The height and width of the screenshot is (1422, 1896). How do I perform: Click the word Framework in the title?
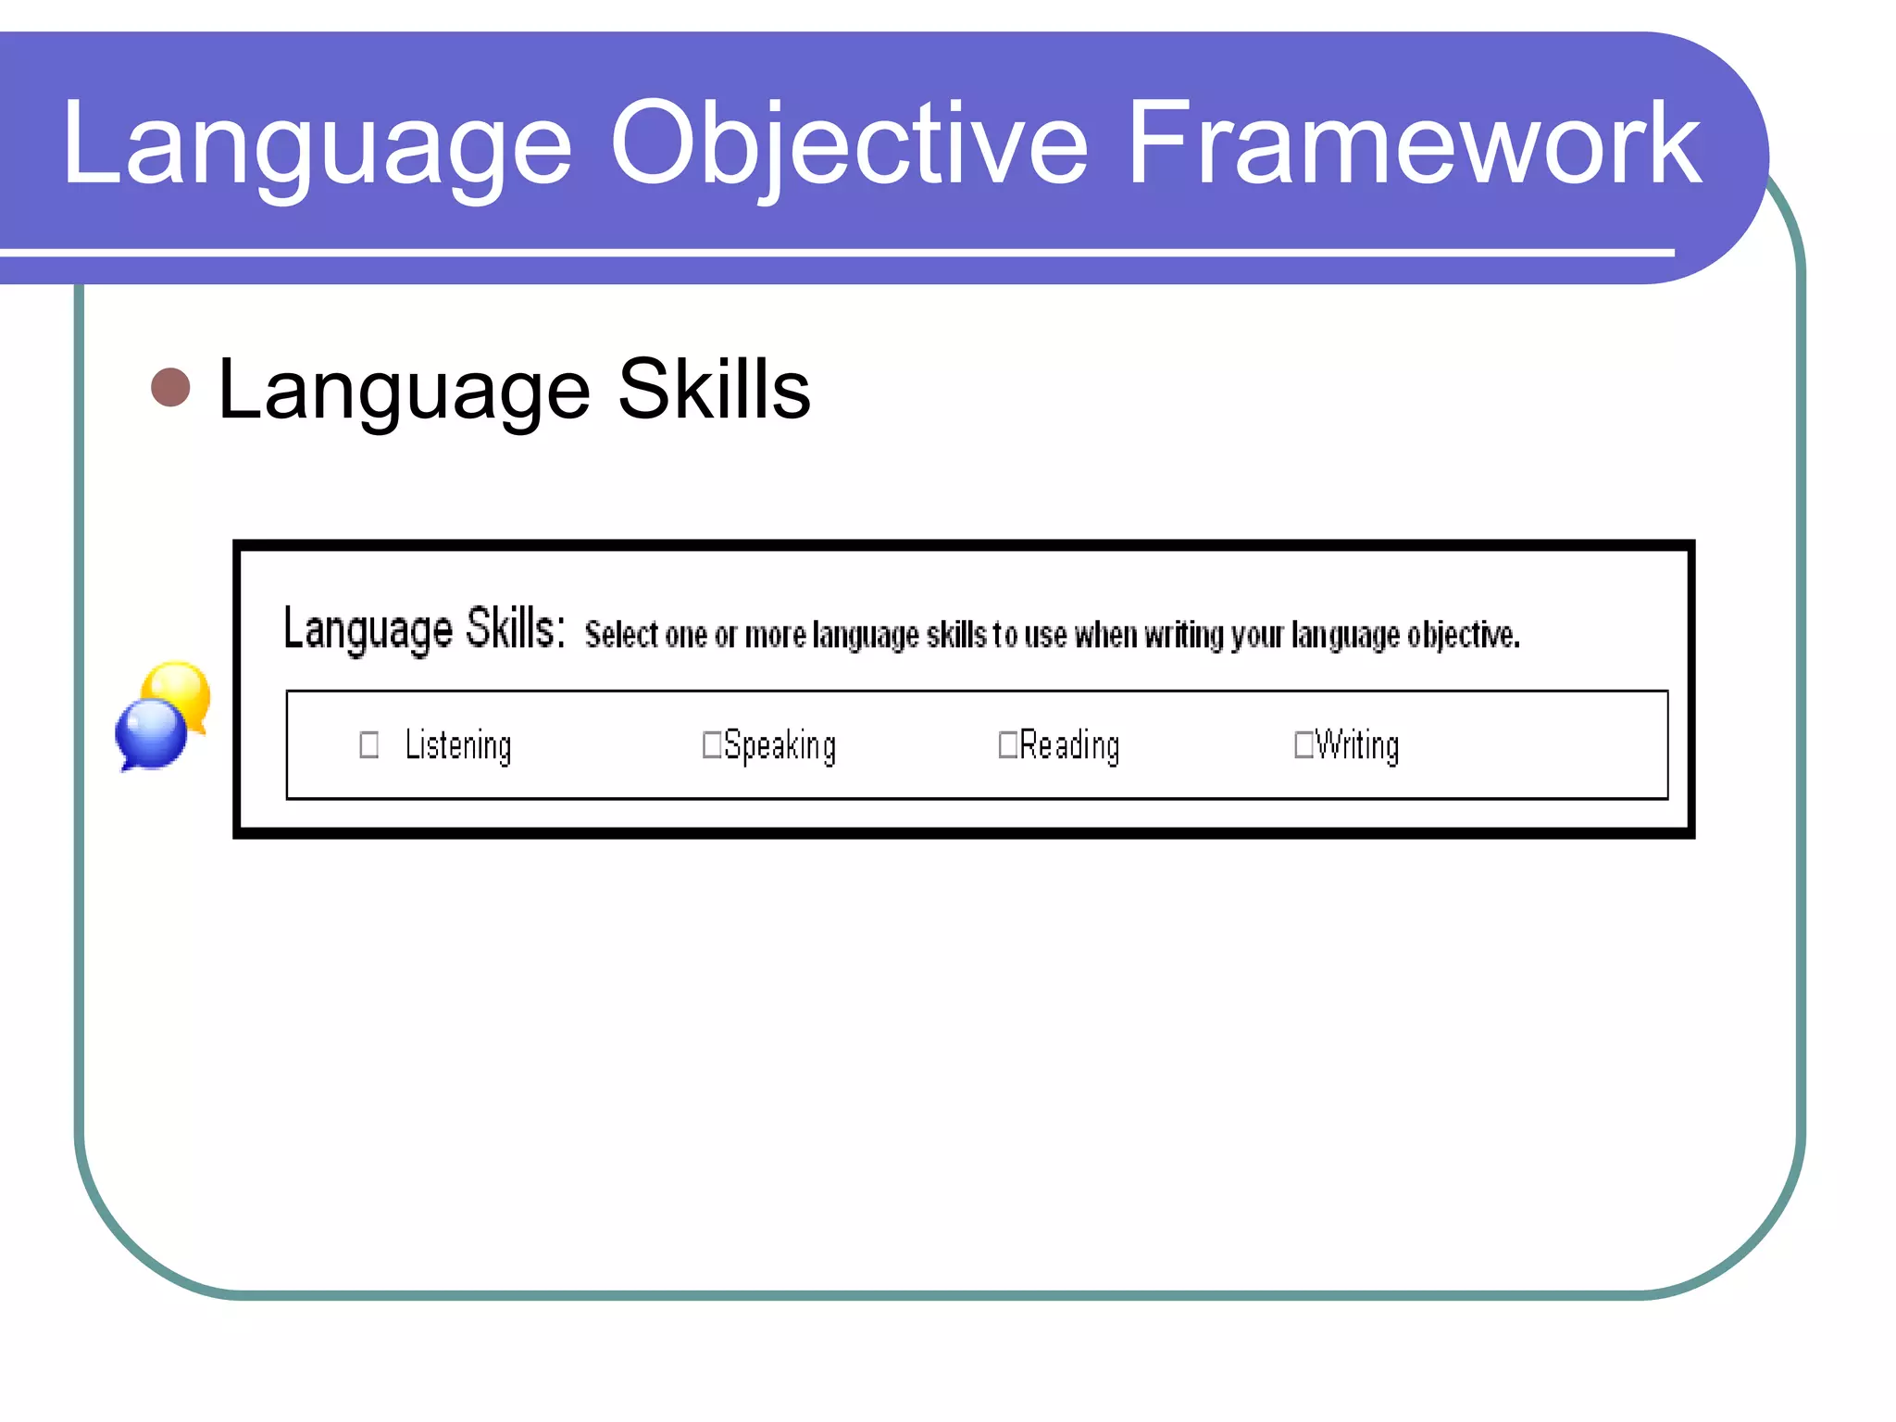[x=1414, y=144]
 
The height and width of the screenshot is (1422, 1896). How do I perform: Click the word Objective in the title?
[x=848, y=144]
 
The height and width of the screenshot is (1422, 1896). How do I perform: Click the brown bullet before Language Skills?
[x=170, y=387]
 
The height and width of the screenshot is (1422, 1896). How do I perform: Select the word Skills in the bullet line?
[x=714, y=390]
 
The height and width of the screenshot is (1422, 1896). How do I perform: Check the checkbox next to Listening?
[x=368, y=745]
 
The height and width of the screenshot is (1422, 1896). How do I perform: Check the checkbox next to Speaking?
[x=712, y=744]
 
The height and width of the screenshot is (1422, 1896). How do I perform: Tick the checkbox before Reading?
[x=1007, y=744]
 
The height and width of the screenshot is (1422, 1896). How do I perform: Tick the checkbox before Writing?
[x=1303, y=744]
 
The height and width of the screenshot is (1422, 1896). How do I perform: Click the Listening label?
[x=458, y=746]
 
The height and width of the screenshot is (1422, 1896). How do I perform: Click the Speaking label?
[x=780, y=746]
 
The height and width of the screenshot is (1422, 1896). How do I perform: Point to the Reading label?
[x=1069, y=746]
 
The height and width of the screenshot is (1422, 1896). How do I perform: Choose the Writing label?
[x=1357, y=746]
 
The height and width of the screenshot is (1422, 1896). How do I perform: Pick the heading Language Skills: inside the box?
[x=423, y=630]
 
